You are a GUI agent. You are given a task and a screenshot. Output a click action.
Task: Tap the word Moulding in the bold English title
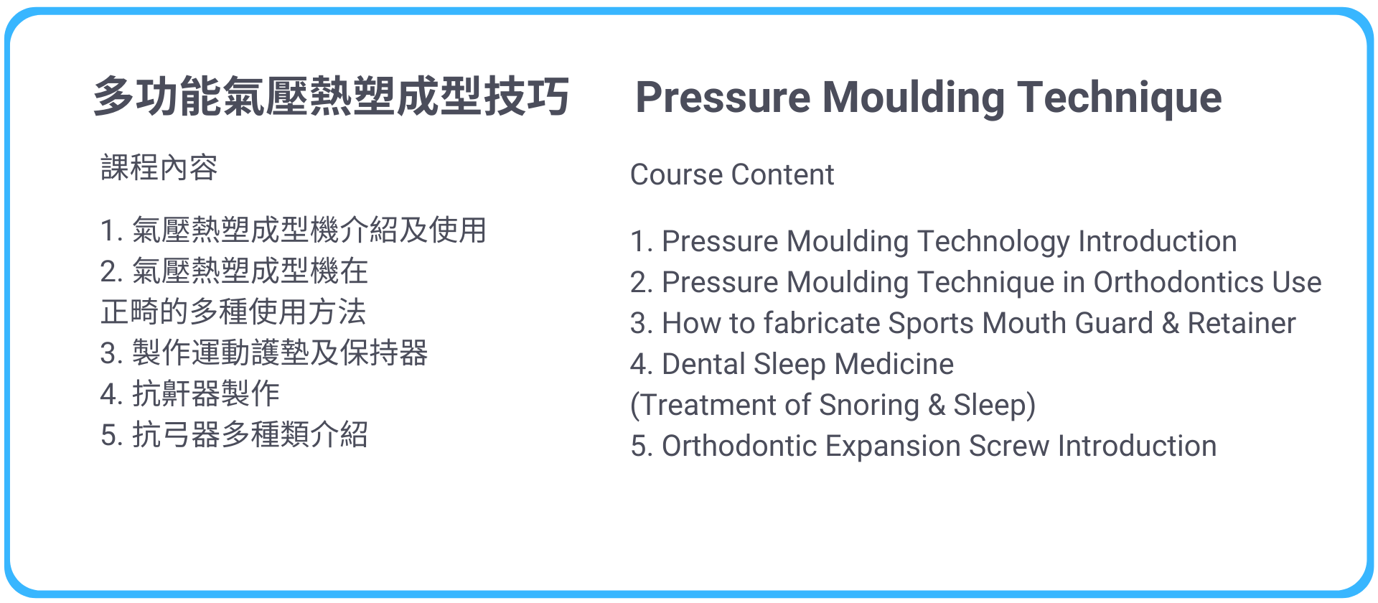[914, 98]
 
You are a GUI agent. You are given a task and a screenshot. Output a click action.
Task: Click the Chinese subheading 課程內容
[159, 167]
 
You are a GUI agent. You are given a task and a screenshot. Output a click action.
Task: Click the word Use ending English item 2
[1297, 282]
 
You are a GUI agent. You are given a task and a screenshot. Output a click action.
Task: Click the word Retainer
[1242, 323]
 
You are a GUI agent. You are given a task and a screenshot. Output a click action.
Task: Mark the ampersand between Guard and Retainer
[1171, 323]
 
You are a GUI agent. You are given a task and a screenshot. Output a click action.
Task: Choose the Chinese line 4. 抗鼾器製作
[190, 393]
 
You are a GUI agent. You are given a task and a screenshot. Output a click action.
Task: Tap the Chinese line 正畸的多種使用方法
[234, 312]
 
